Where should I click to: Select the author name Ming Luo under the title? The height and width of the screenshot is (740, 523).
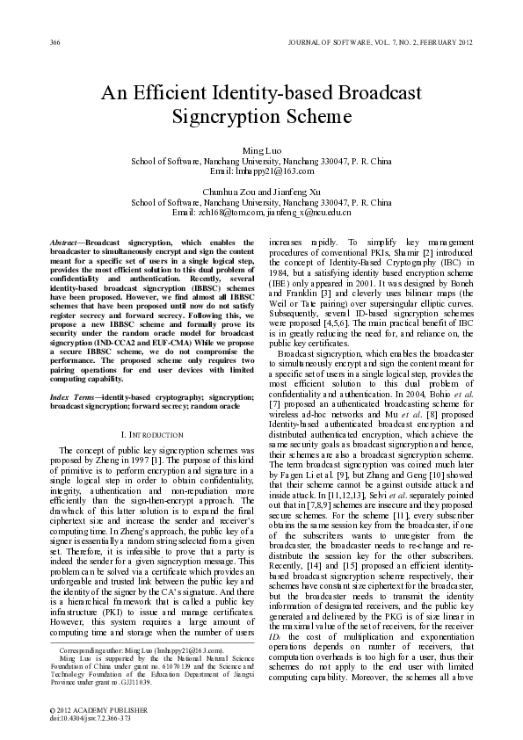(x=261, y=152)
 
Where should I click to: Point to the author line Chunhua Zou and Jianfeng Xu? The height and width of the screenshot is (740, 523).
(x=261, y=191)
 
